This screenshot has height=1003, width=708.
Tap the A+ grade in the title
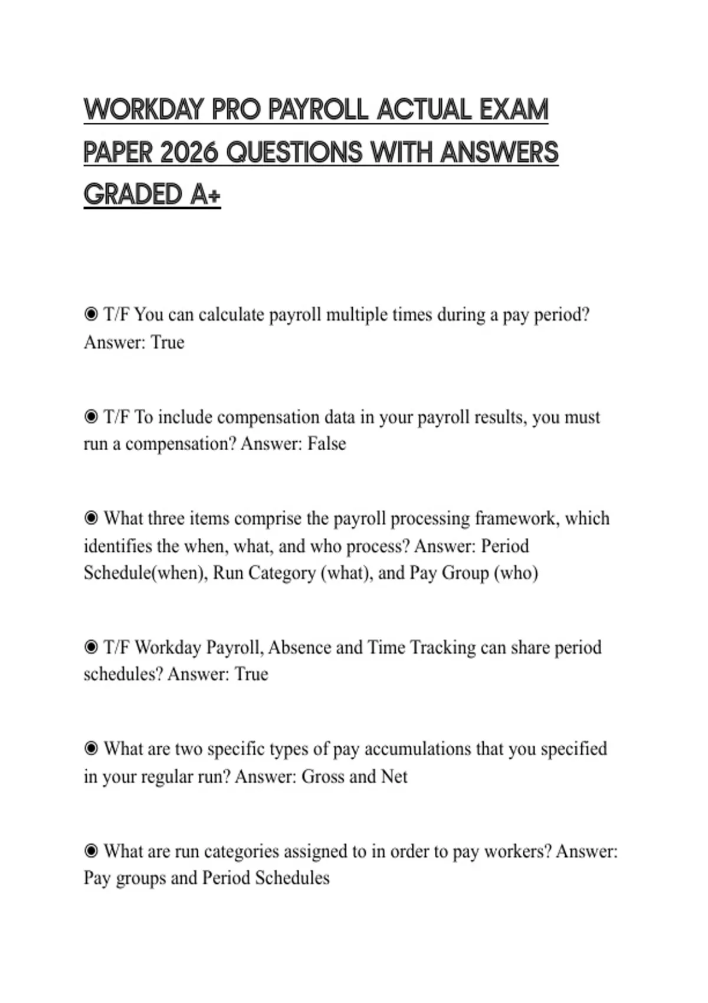[x=205, y=195]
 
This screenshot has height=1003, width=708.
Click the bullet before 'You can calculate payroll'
[x=91, y=314]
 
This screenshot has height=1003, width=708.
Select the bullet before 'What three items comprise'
[x=91, y=519]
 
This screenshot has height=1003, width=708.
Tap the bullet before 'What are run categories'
[x=91, y=851]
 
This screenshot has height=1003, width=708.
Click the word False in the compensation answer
[x=326, y=444]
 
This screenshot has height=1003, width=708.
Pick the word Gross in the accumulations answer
[x=323, y=776]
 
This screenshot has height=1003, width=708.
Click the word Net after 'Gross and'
[x=394, y=776]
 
